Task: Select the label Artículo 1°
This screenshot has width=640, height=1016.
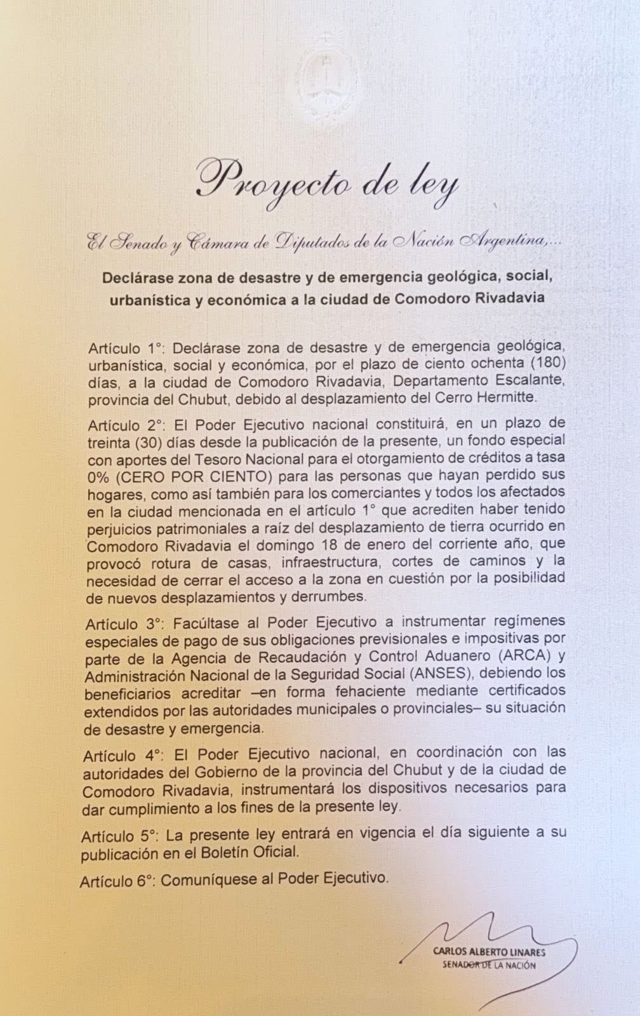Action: click(126, 348)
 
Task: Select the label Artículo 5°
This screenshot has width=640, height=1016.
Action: click(119, 833)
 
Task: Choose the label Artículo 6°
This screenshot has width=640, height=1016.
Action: click(117, 881)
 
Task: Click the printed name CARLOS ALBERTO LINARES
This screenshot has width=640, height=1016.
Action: click(488, 952)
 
